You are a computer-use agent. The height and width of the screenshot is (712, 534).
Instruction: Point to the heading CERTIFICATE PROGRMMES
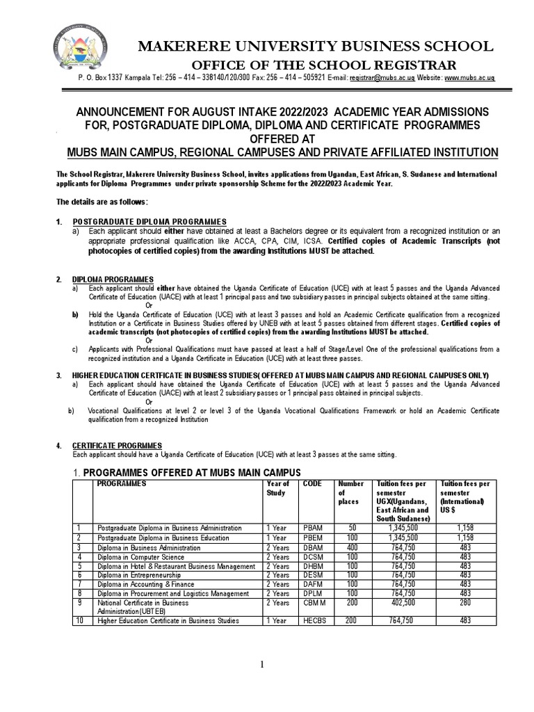point(118,445)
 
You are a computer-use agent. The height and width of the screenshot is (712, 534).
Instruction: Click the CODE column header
point(312,483)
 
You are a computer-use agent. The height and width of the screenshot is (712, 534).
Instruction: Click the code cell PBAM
point(314,528)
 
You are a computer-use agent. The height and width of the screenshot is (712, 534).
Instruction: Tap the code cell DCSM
point(314,557)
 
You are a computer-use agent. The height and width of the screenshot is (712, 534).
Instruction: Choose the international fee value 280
point(465,604)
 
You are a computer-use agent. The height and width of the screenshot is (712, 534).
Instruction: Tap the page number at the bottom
point(262,665)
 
